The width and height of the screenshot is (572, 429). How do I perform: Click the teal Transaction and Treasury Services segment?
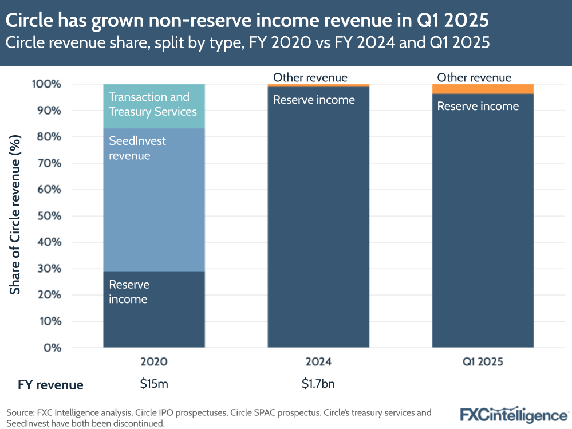pos(153,106)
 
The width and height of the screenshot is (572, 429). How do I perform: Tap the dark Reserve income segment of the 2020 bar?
pos(153,309)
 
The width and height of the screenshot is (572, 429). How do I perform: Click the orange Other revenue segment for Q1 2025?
pos(483,89)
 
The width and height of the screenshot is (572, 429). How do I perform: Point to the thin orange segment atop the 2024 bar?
pos(318,85)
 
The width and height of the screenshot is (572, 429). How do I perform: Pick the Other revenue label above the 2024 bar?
pos(310,77)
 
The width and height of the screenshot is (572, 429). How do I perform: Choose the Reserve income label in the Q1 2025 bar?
pos(478,106)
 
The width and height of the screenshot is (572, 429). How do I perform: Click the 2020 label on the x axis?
pos(154,362)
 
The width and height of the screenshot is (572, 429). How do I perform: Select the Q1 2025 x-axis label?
pos(483,362)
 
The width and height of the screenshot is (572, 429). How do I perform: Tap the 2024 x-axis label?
pos(318,362)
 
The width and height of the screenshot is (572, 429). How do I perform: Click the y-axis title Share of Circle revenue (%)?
pos(15,215)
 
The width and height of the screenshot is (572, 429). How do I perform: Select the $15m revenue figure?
pos(154,384)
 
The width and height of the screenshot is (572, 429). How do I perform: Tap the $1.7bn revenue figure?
pos(318,384)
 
